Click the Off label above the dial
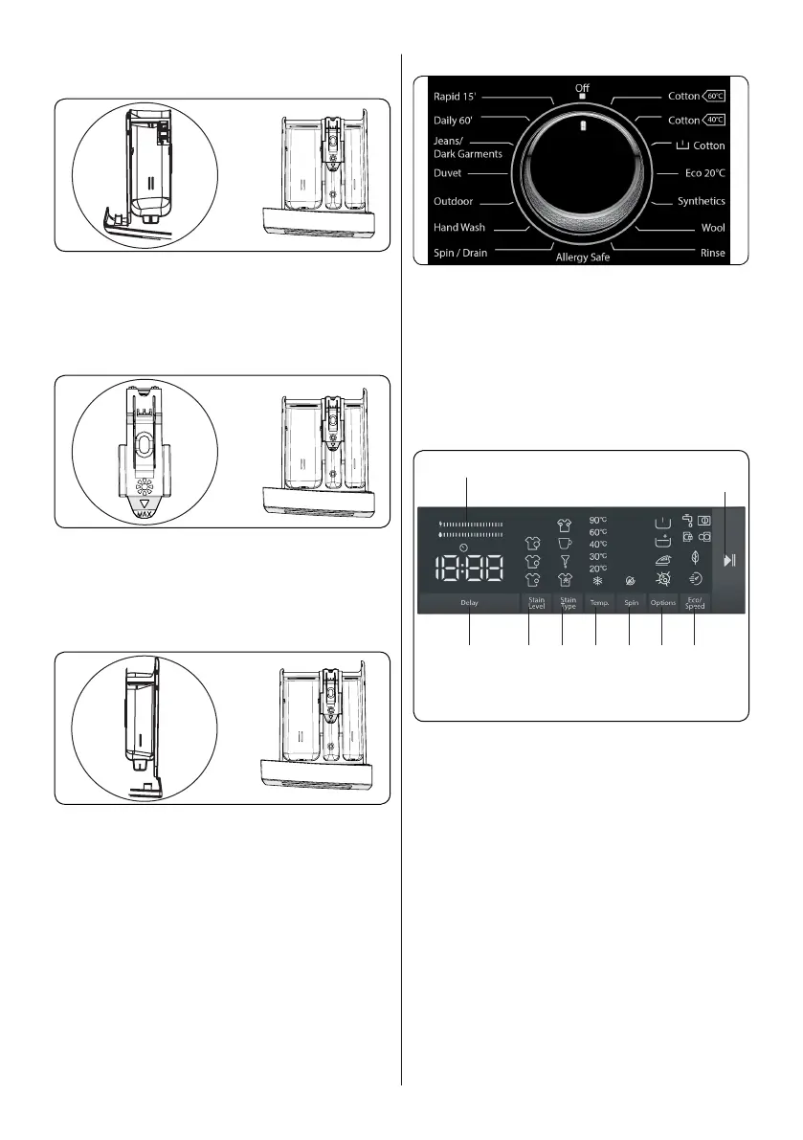pos(582,88)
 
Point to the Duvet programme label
pos(448,176)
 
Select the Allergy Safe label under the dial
pos(583,258)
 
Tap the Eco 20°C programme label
pos(702,175)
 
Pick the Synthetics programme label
pos(701,202)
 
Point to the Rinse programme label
pos(712,254)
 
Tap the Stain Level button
pos(536,603)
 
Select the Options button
pos(662,603)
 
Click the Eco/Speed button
pos(695,603)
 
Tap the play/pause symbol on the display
pos(730,560)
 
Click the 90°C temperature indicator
pos(599,520)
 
